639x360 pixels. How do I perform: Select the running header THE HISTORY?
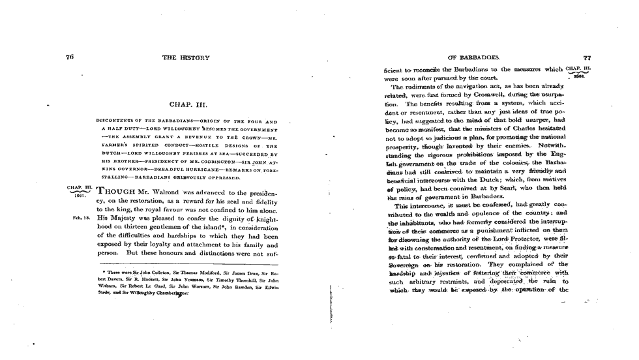coord(186,58)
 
